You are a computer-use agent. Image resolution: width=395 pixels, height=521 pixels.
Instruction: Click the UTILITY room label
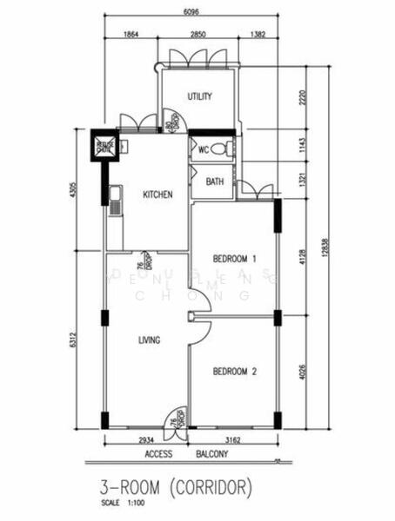coord(199,96)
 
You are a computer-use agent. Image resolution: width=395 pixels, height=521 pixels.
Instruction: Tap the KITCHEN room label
coord(157,195)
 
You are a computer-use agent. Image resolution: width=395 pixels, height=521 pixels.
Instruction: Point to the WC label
coord(204,149)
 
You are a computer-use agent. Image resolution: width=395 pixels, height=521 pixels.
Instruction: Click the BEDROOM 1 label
coord(235,259)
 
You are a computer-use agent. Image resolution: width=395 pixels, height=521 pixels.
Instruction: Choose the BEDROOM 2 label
coord(235,371)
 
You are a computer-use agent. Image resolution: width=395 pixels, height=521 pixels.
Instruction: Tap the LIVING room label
coord(149,340)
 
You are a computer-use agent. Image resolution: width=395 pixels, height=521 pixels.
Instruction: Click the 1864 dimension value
coord(131,33)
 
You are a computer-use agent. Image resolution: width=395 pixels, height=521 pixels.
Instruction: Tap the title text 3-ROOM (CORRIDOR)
coord(177,484)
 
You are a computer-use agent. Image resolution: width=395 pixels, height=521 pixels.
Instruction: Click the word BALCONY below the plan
coord(210,454)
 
